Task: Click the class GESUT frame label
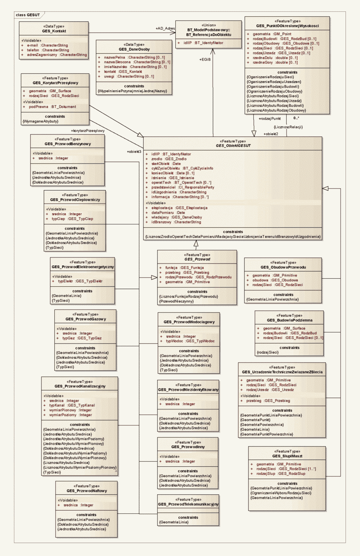coord(28,15)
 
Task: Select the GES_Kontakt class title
coord(54,31)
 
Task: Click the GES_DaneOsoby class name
coord(134,50)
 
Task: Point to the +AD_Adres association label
coord(165,29)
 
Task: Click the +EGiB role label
coord(205,59)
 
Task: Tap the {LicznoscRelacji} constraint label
coord(288,127)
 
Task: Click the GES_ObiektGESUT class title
coord(233,146)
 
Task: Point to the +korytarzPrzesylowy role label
coord(88,131)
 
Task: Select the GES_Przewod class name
coord(197,259)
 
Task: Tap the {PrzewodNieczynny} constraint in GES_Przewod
coord(176,301)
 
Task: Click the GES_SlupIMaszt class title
coord(287,456)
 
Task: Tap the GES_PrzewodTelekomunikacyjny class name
coord(188,505)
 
